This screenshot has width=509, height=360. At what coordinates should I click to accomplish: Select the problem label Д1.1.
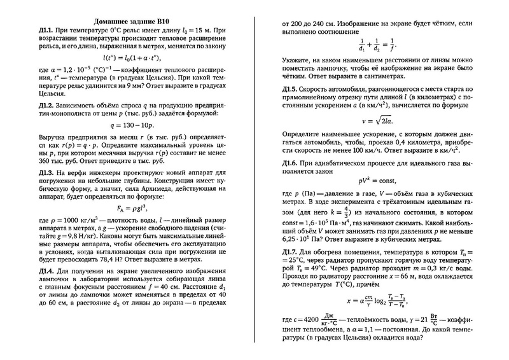click(48, 30)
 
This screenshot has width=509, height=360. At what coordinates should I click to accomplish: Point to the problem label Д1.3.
click(48, 172)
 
